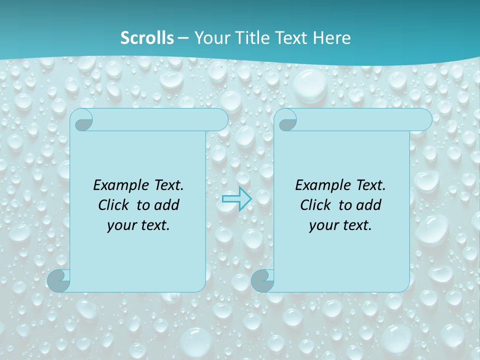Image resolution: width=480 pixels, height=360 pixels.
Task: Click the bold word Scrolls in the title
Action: (x=147, y=38)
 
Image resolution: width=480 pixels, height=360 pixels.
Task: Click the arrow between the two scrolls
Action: (x=236, y=199)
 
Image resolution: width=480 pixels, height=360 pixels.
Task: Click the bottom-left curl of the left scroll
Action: (x=59, y=280)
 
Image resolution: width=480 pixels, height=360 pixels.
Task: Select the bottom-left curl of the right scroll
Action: (x=262, y=280)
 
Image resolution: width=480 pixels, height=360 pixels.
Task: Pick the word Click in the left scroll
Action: (x=114, y=205)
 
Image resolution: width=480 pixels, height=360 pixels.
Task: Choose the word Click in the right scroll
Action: (x=316, y=205)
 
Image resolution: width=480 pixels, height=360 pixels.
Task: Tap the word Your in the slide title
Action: (x=210, y=38)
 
